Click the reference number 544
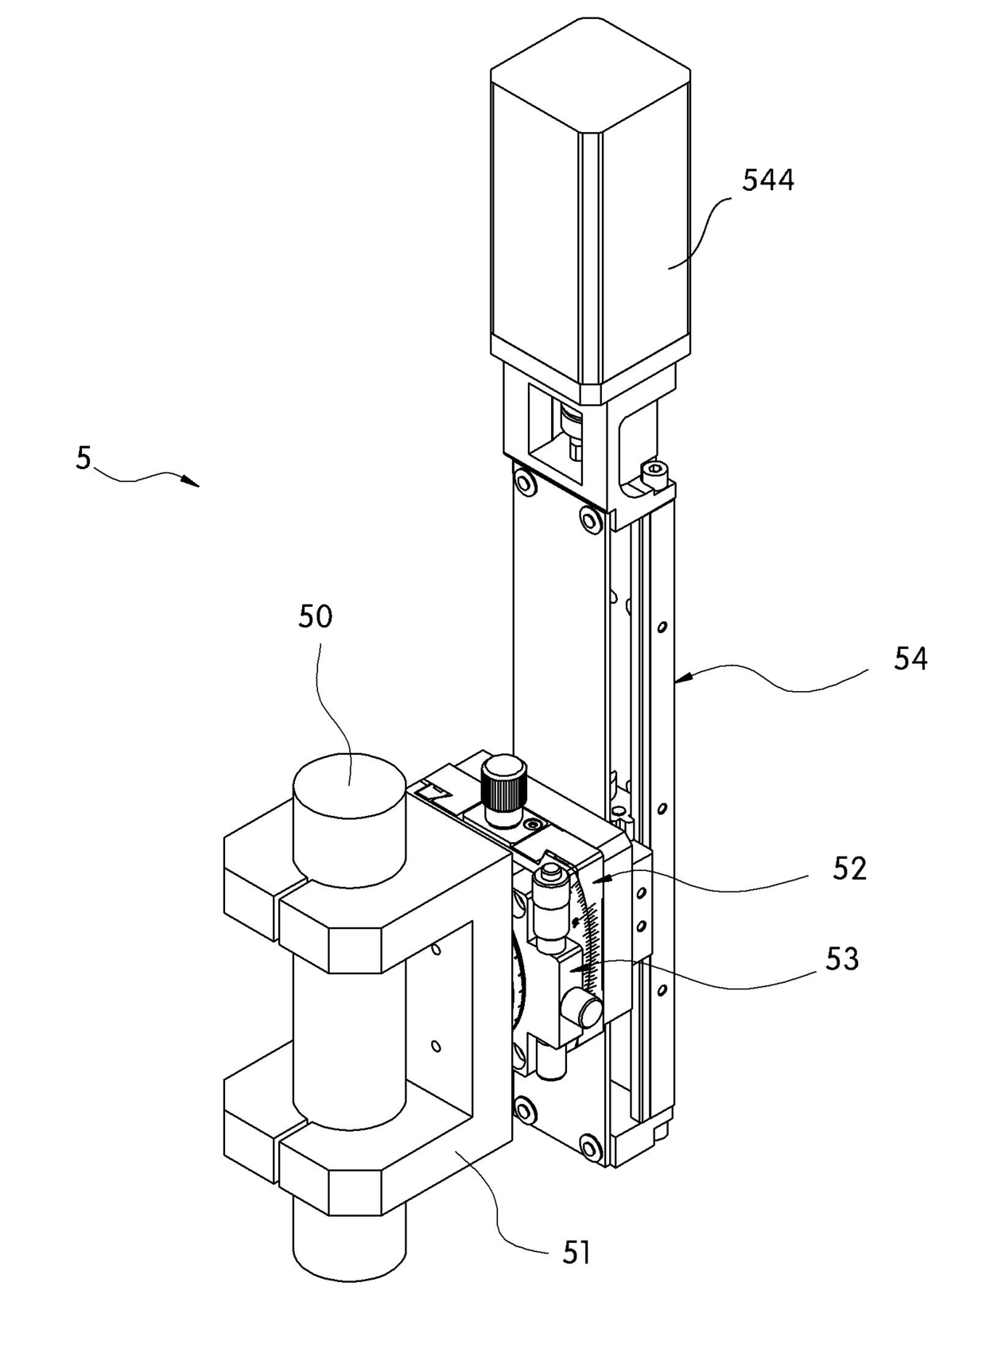click(x=767, y=181)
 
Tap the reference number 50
click(x=316, y=617)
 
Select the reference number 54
click(x=910, y=659)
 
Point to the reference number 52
click(x=849, y=868)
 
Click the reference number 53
click(x=842, y=959)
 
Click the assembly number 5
click(x=83, y=457)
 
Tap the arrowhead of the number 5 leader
click(x=192, y=483)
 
